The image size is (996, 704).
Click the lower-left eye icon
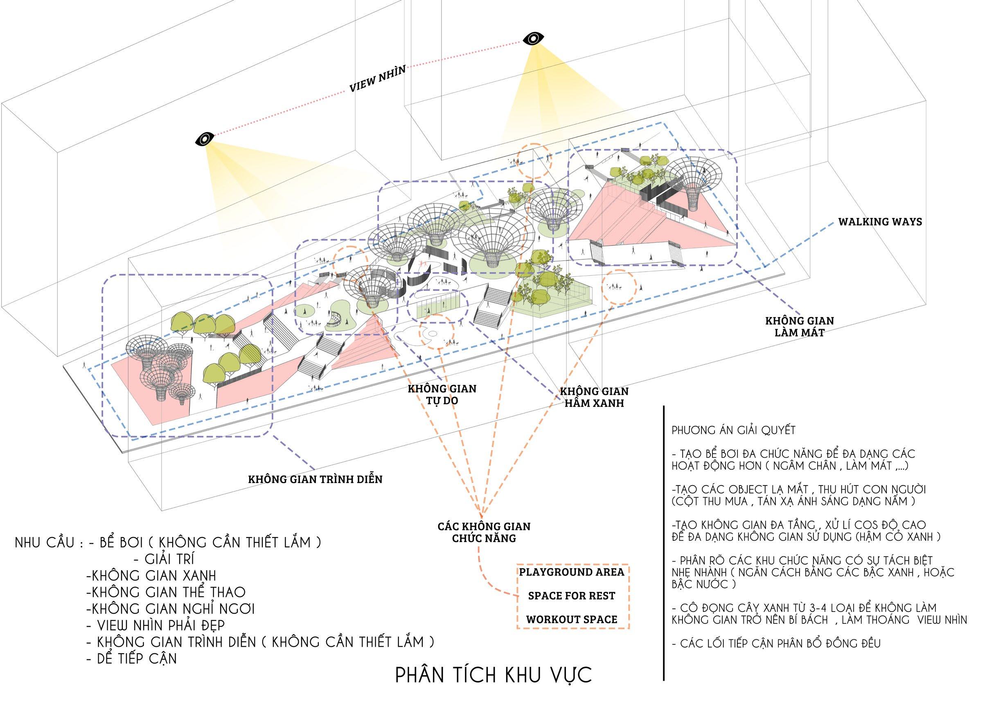(x=204, y=139)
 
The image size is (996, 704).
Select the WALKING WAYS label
(x=879, y=222)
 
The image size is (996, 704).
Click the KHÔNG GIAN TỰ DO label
(x=442, y=394)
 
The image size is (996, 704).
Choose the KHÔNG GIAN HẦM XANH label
(x=594, y=397)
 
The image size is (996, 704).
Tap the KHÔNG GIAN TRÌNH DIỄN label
(x=315, y=479)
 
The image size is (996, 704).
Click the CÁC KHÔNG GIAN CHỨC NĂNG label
(x=484, y=532)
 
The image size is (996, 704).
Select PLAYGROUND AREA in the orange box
(x=572, y=572)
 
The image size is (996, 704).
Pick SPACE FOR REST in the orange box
(x=572, y=596)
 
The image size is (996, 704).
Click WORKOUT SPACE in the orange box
(x=572, y=619)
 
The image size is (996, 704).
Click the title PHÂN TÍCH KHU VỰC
(x=493, y=675)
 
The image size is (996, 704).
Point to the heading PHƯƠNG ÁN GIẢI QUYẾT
(x=734, y=430)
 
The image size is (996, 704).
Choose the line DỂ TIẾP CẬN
(x=132, y=659)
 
